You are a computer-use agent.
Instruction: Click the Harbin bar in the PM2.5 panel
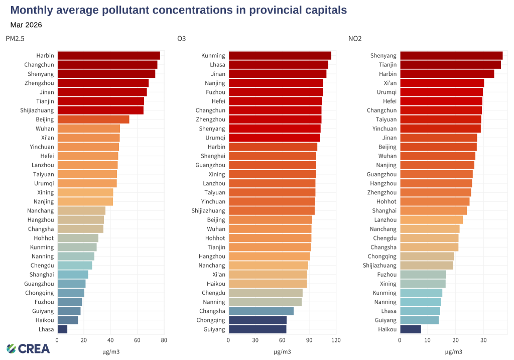tap(108, 56)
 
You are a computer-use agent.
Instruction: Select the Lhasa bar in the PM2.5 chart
tap(62, 329)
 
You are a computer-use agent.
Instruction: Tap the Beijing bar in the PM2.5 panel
tap(93, 119)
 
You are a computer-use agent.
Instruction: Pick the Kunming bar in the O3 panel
tap(280, 56)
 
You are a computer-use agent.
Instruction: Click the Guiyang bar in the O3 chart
tap(258, 329)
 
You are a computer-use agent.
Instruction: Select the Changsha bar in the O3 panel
tap(261, 311)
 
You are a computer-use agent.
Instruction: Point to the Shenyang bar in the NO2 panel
tap(451, 56)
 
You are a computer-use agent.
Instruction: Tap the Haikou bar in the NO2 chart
tap(411, 329)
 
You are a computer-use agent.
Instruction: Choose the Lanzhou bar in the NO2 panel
tap(431, 220)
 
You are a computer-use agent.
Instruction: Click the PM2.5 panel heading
tap(15, 39)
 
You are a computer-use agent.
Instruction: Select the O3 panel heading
tap(182, 39)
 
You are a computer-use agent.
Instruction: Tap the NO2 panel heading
tap(355, 39)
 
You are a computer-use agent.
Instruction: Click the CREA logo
tap(28, 348)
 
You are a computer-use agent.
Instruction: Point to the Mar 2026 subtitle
tap(26, 25)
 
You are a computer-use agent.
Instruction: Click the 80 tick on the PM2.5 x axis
tap(164, 340)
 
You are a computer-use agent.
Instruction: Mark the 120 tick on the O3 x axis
tap(336, 340)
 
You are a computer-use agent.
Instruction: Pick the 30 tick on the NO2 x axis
tap(483, 340)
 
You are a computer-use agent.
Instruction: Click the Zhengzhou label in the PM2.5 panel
tap(39, 83)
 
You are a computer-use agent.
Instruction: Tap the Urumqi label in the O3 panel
tap(215, 138)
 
